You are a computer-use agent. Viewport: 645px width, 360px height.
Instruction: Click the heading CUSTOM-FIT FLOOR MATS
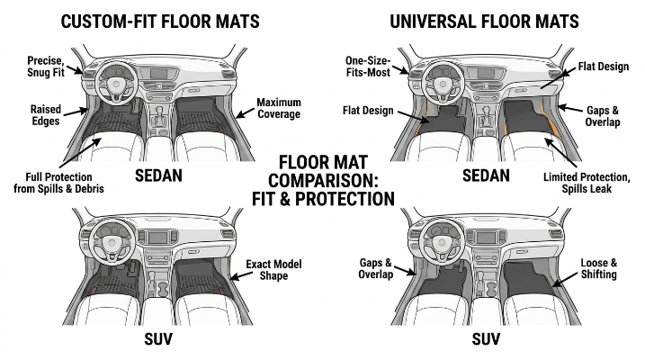[x=160, y=22]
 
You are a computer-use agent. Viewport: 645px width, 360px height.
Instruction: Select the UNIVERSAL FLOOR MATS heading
[x=484, y=22]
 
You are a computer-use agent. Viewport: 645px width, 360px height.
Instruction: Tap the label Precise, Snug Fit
[x=46, y=67]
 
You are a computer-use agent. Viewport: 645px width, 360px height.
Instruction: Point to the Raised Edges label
[x=46, y=115]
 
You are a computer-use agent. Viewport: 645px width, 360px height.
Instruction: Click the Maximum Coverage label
[x=279, y=108]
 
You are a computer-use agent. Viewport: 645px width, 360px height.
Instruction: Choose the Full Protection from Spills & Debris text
[x=58, y=183]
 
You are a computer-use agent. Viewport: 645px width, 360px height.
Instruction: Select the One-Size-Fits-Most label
[x=368, y=67]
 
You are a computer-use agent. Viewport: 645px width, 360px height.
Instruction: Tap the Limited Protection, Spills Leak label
[x=587, y=183]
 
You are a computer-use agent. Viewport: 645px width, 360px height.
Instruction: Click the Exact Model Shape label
[x=273, y=270]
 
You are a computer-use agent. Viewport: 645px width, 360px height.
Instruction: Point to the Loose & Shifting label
[x=599, y=269]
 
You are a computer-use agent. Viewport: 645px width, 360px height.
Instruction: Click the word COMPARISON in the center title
[x=323, y=181]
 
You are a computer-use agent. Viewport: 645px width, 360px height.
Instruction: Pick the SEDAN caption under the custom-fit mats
[x=159, y=175]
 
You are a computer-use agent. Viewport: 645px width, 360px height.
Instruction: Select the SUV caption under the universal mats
[x=486, y=339]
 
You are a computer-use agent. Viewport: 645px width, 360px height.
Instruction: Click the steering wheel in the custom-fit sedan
[x=116, y=83]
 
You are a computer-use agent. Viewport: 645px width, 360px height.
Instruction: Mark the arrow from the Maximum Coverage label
[x=246, y=112]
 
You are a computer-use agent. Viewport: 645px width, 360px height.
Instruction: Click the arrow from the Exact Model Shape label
[x=241, y=275]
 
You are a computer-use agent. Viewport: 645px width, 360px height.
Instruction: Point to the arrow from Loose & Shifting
[x=565, y=279]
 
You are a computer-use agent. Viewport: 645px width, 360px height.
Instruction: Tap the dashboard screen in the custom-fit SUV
[x=158, y=238]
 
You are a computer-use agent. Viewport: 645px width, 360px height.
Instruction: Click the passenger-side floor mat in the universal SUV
[x=528, y=278]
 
